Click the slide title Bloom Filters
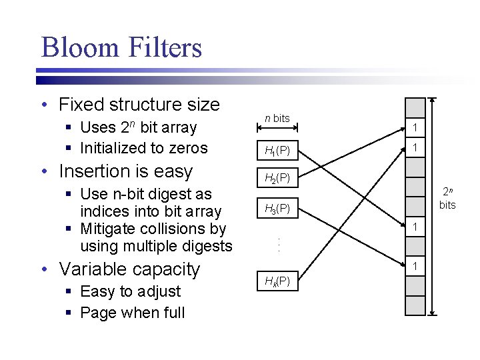coord(121,48)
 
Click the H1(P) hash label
coord(277,151)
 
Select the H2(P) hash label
coord(277,178)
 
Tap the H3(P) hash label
coord(277,209)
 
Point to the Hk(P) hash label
coord(277,281)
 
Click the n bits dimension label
coord(277,118)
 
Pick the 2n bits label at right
coord(447,199)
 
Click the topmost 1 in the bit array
coord(415,128)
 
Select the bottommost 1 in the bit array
coord(415,266)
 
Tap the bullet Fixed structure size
coord(139,105)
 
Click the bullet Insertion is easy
coord(125,171)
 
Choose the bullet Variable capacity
coord(129,269)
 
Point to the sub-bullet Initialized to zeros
coord(143,148)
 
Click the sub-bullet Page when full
coord(132,313)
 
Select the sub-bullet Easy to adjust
coord(130,291)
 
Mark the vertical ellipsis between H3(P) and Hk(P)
coord(277,245)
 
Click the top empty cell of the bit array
coord(415,108)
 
